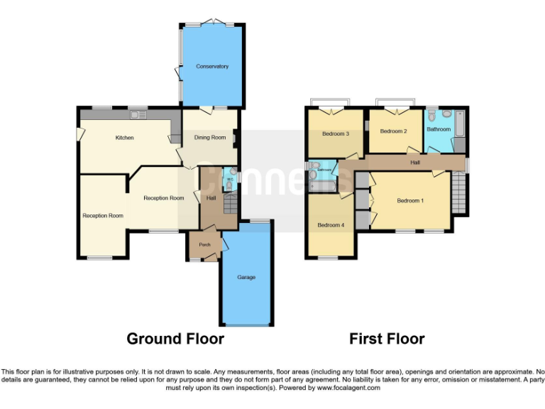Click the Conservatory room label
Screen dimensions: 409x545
[212, 67]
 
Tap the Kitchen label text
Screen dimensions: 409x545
[125, 138]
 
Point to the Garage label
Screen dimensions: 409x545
[246, 277]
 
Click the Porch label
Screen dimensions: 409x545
[204, 245]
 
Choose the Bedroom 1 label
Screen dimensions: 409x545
[409, 201]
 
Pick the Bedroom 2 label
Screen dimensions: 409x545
[393, 131]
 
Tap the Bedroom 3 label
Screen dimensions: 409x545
[335, 133]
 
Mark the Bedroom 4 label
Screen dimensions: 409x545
[331, 225]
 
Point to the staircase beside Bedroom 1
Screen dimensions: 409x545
[461, 192]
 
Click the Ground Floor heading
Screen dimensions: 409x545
[175, 339]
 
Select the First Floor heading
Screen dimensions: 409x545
[387, 339]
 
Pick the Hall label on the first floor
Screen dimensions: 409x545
[415, 163]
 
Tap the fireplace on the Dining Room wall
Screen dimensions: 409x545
[236, 137]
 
